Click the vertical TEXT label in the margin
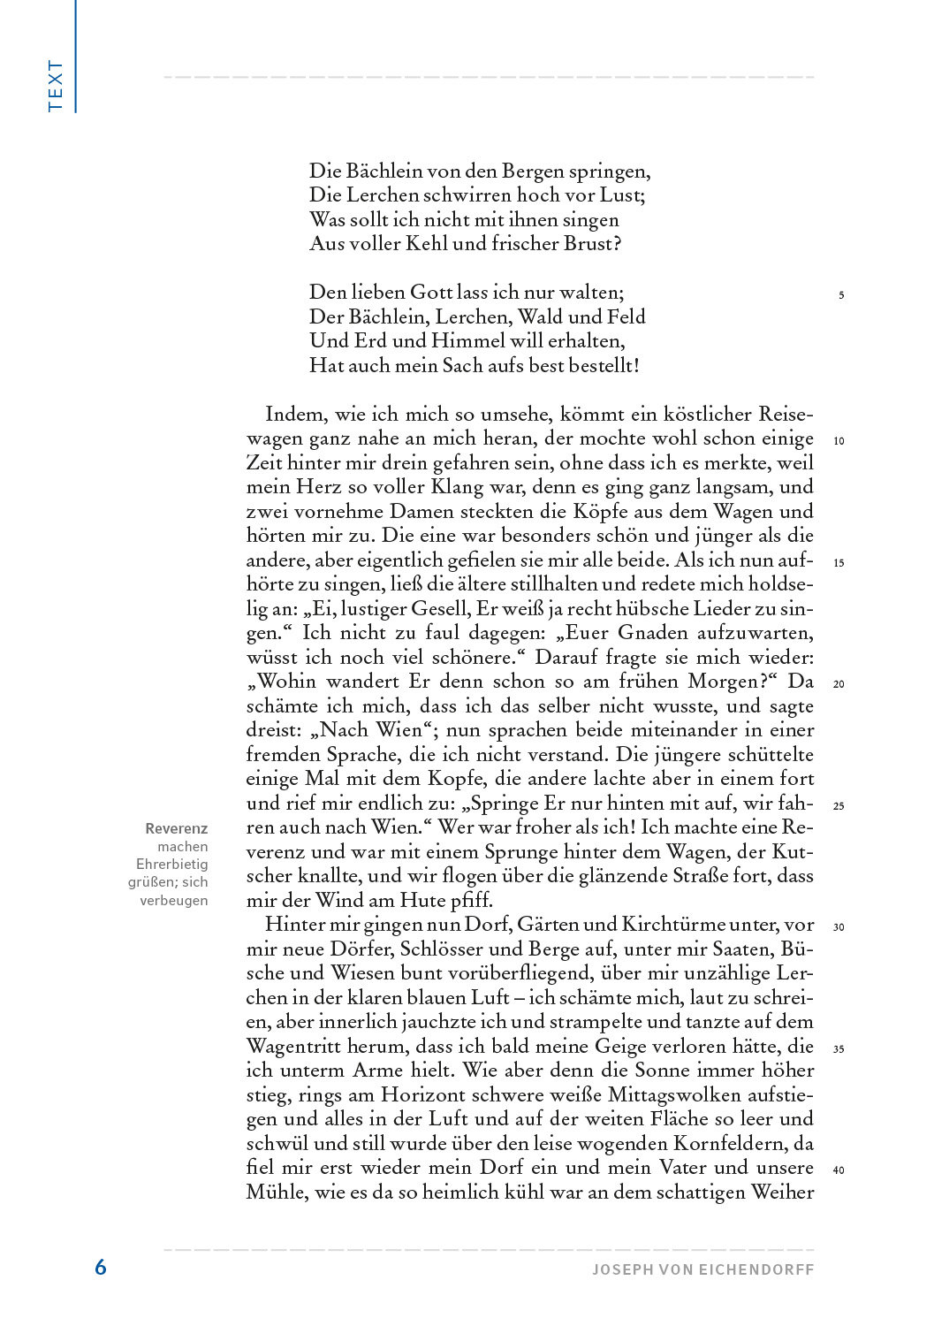pyautogui.click(x=57, y=86)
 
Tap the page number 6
pyautogui.click(x=101, y=1267)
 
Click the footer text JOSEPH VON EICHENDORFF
pyautogui.click(x=702, y=1269)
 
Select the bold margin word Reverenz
pyautogui.click(x=177, y=829)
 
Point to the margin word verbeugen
pyautogui.click(x=174, y=901)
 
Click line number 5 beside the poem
pyautogui.click(x=840, y=295)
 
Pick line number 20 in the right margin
pyautogui.click(x=839, y=684)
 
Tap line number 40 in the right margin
pyautogui.click(x=839, y=1170)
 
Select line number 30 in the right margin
pyautogui.click(x=839, y=927)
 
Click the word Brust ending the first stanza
pyautogui.click(x=592, y=245)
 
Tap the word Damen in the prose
pyautogui.click(x=438, y=512)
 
